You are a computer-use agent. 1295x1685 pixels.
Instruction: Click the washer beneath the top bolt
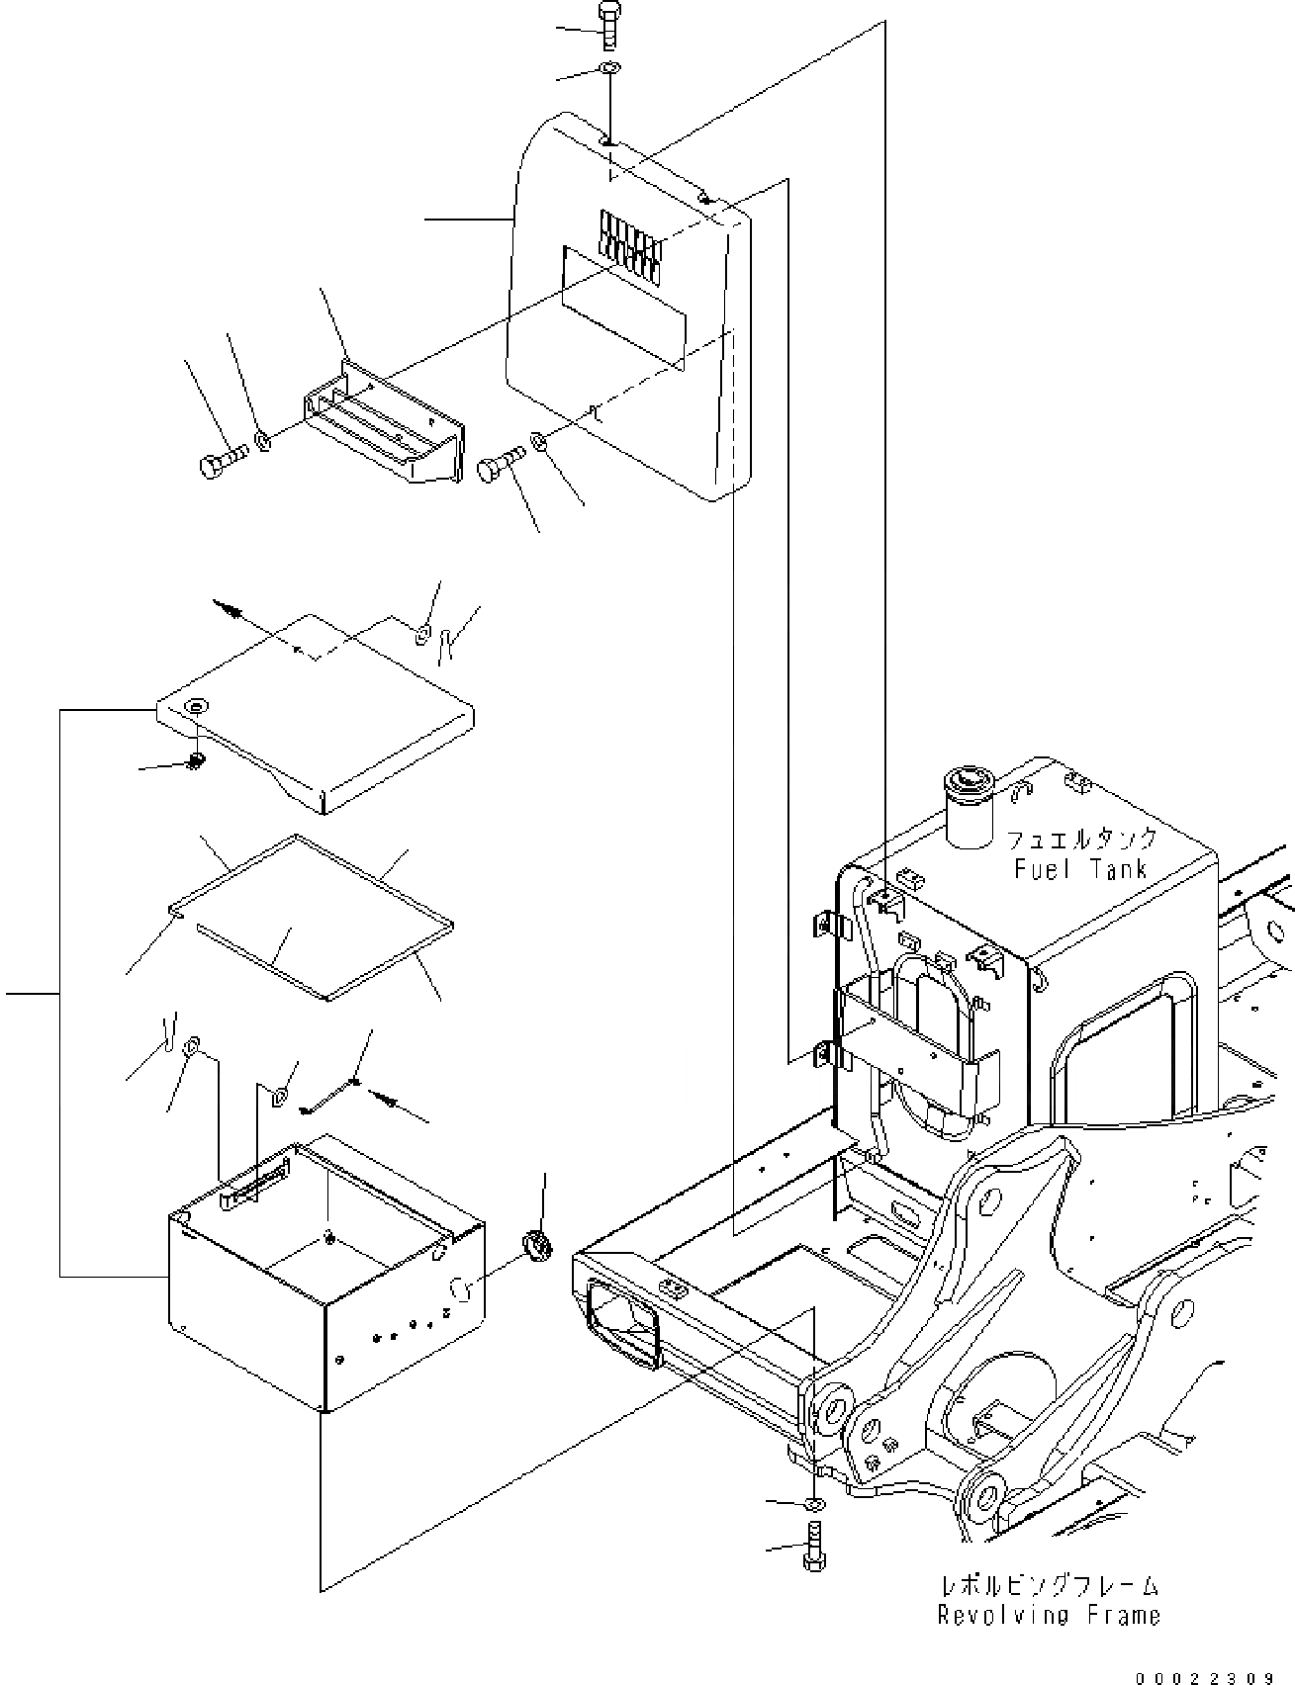pos(610,68)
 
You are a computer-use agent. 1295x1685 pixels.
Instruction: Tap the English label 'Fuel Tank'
pos(1080,869)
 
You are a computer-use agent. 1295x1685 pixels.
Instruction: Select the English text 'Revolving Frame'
pos(1049,1615)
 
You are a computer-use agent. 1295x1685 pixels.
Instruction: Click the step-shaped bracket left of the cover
pos(381,425)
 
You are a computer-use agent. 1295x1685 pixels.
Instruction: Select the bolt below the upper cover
pos(499,464)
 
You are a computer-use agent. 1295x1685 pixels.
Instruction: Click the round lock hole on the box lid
pos(196,705)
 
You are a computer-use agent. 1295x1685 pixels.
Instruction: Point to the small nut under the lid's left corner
pos(196,760)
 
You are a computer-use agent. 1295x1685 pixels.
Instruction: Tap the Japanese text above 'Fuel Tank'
pos(1080,840)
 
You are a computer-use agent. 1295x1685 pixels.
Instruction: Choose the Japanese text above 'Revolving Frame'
pos(1049,1585)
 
